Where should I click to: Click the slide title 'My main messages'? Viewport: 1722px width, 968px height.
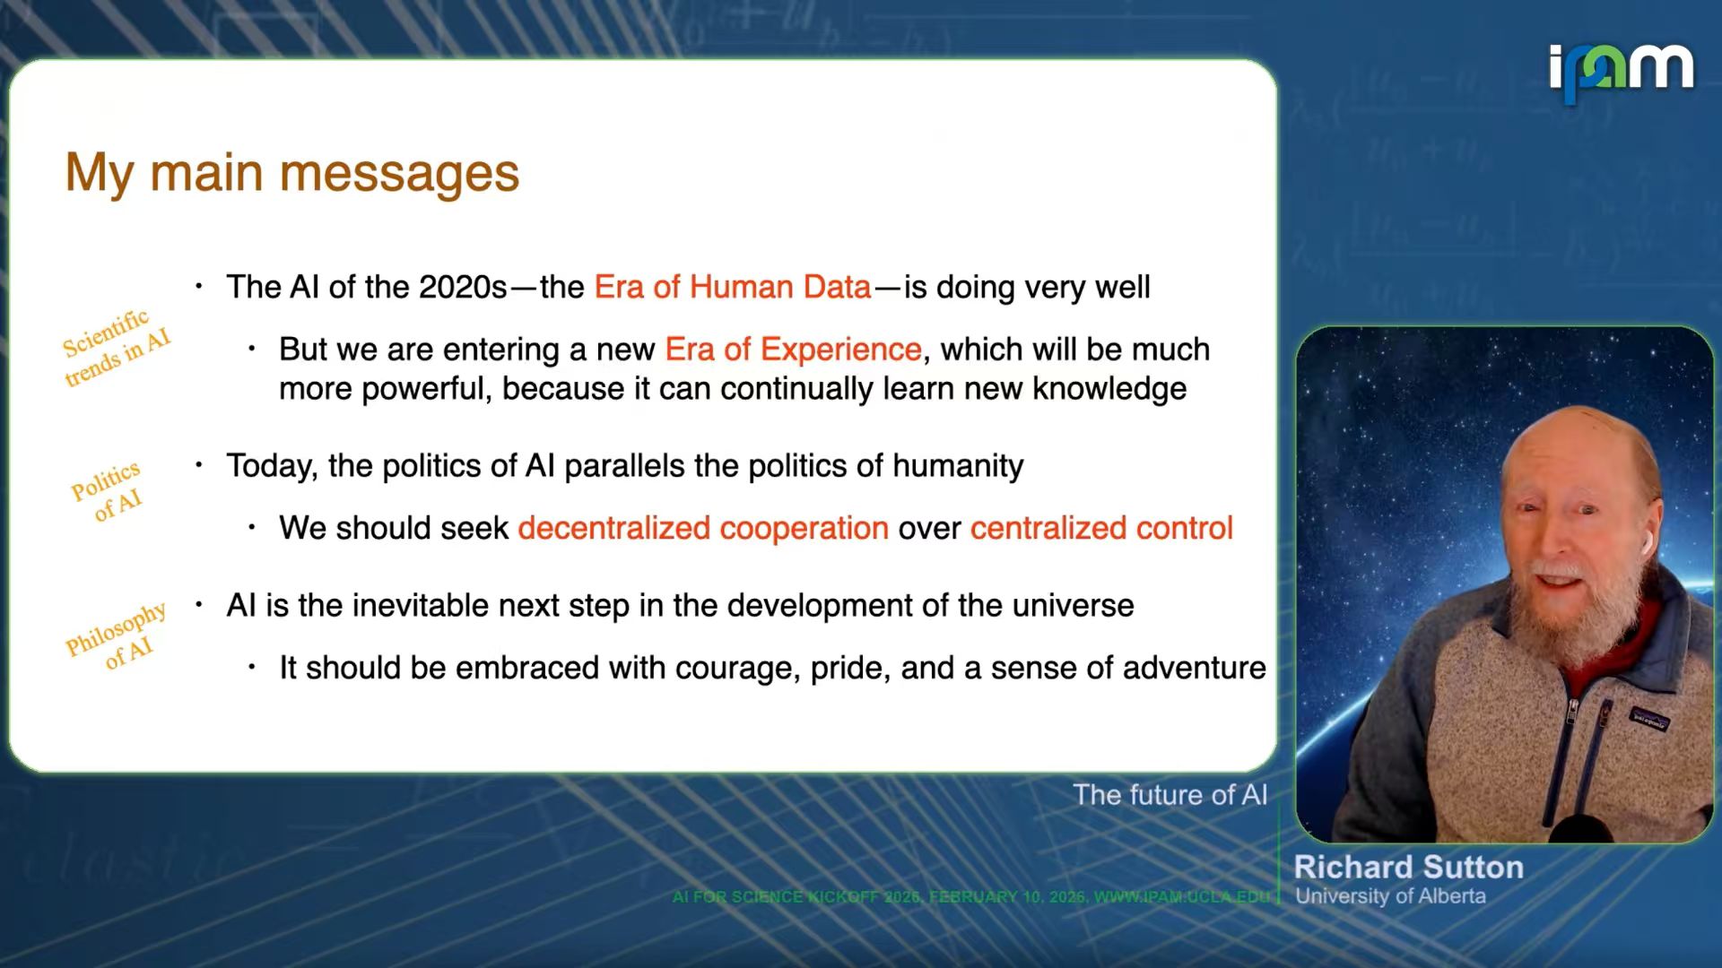point(292,173)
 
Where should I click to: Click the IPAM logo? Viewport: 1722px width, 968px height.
point(1622,72)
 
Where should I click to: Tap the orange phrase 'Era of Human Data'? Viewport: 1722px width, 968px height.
point(733,287)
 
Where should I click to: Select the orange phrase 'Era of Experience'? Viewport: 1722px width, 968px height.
point(793,349)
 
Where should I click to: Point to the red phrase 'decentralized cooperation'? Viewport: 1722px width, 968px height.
point(703,528)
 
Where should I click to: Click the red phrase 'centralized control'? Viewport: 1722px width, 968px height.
point(1101,528)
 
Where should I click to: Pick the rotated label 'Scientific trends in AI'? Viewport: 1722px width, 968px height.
point(115,348)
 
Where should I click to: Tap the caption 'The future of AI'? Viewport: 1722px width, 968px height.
point(1170,795)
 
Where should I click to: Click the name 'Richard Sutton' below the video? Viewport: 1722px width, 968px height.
point(1408,867)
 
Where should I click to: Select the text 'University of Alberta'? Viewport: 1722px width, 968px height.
point(1390,896)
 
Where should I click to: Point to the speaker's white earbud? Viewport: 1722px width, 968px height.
point(1647,541)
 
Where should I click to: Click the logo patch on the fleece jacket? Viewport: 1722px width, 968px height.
point(1648,718)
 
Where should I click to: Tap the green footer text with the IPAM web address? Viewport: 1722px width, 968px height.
point(972,897)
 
